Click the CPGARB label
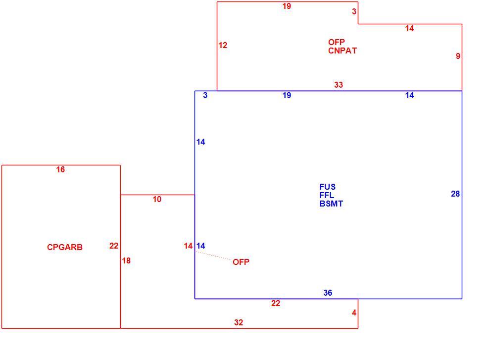[65, 247]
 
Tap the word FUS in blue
[327, 187]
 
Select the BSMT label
[331, 204]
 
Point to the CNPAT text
[342, 51]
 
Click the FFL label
[327, 195]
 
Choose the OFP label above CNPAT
[336, 42]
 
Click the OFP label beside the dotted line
[241, 262]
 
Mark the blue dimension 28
[455, 194]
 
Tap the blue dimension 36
[328, 293]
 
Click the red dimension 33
[339, 85]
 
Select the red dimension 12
[223, 46]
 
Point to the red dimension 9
[458, 56]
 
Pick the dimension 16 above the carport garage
[60, 169]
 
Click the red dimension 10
[157, 199]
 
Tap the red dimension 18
[126, 260]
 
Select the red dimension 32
[239, 322]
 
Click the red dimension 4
[354, 313]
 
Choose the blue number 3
[205, 95]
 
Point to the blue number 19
[287, 95]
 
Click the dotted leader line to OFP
[214, 256]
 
